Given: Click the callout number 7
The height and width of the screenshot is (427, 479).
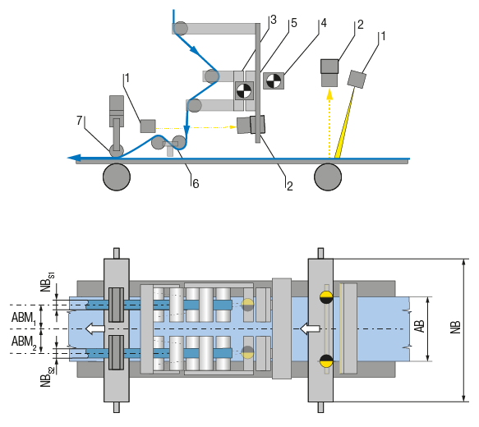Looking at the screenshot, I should [80, 121].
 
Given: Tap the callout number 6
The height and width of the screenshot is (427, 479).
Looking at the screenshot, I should [196, 184].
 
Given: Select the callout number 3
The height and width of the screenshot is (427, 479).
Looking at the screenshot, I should [273, 20].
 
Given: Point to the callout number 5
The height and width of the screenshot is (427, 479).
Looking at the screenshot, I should [293, 23].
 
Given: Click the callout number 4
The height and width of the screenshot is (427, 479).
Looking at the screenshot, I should [324, 23].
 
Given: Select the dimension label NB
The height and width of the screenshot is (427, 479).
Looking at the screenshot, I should [454, 328].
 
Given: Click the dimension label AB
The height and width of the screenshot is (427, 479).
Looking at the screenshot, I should [419, 327].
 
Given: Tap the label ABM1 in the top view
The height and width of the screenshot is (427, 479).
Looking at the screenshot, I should [22, 317].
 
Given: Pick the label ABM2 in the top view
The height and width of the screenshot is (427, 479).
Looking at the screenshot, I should [22, 341].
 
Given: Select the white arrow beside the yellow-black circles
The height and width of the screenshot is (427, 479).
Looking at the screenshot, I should [310, 328].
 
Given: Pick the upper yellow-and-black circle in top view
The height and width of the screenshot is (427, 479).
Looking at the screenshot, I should [326, 296].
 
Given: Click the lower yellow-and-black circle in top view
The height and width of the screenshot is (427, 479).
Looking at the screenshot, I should [326, 360].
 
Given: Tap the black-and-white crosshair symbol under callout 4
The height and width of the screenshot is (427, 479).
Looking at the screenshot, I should [274, 80].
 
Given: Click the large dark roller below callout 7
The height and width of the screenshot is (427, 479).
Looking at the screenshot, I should [116, 176].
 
